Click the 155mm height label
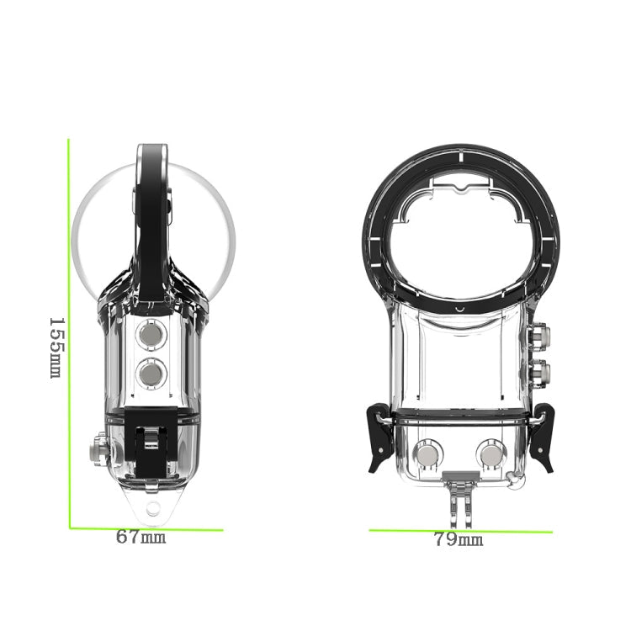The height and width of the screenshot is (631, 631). point(56,347)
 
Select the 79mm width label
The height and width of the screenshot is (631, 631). point(459,539)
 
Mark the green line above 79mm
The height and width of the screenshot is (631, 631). point(460,531)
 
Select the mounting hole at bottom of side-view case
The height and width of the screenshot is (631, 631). point(152,508)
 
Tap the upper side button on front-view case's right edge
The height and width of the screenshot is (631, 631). point(541,337)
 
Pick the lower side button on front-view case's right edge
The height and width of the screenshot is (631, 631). point(541,370)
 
